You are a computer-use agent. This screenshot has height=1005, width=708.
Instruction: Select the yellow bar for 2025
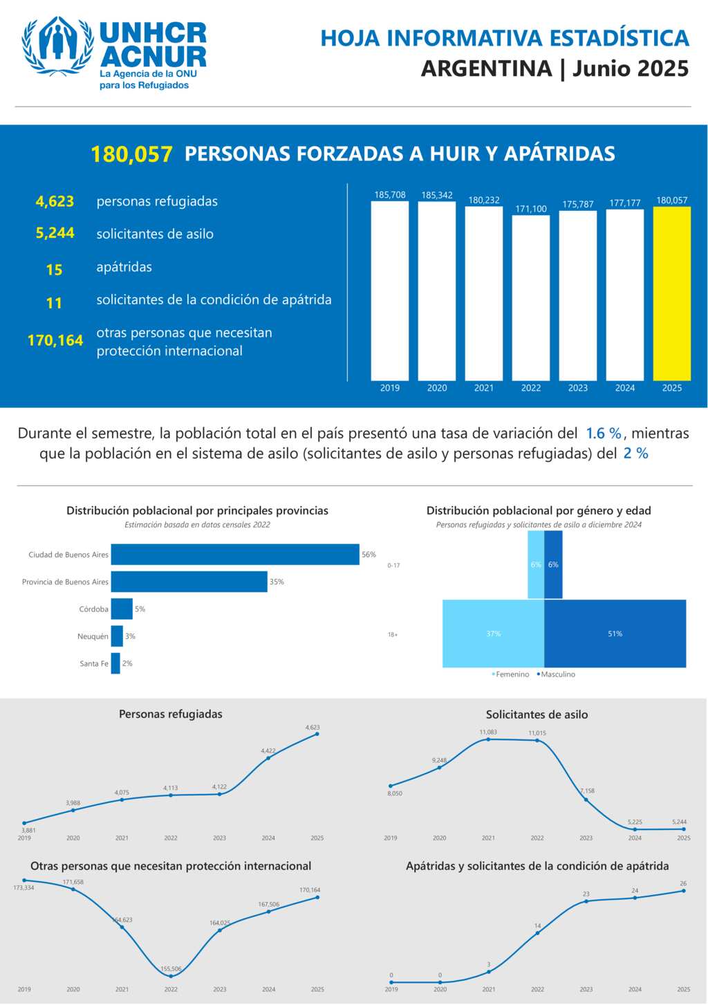click(671, 293)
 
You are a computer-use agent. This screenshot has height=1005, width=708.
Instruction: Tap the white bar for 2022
click(530, 297)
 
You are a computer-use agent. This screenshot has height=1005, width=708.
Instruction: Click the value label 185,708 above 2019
click(390, 195)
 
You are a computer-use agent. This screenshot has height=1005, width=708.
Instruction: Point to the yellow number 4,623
click(55, 201)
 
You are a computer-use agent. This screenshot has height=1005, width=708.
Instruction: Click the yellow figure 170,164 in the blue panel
click(55, 340)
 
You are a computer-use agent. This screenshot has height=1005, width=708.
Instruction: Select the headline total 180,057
click(131, 154)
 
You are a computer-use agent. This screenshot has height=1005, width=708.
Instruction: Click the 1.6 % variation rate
click(603, 434)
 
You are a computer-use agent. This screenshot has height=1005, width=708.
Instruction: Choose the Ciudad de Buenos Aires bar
click(235, 555)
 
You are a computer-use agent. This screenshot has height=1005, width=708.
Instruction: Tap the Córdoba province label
click(93, 609)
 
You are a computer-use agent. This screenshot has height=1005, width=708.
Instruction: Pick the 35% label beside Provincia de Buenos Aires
click(277, 582)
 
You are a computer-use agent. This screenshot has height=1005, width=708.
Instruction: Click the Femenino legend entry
click(511, 674)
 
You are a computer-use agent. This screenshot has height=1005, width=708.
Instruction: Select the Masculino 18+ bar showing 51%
click(615, 634)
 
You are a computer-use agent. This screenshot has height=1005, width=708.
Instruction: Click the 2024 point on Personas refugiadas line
click(268, 758)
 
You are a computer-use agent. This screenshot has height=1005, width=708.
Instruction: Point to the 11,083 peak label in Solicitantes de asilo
click(488, 732)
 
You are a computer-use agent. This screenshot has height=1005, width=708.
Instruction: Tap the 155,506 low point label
click(171, 969)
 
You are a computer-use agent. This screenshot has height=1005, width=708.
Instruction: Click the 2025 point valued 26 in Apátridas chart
click(683, 891)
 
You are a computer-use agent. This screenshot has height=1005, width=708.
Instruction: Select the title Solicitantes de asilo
click(537, 714)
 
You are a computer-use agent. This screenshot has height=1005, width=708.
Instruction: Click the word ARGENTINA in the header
click(486, 68)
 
